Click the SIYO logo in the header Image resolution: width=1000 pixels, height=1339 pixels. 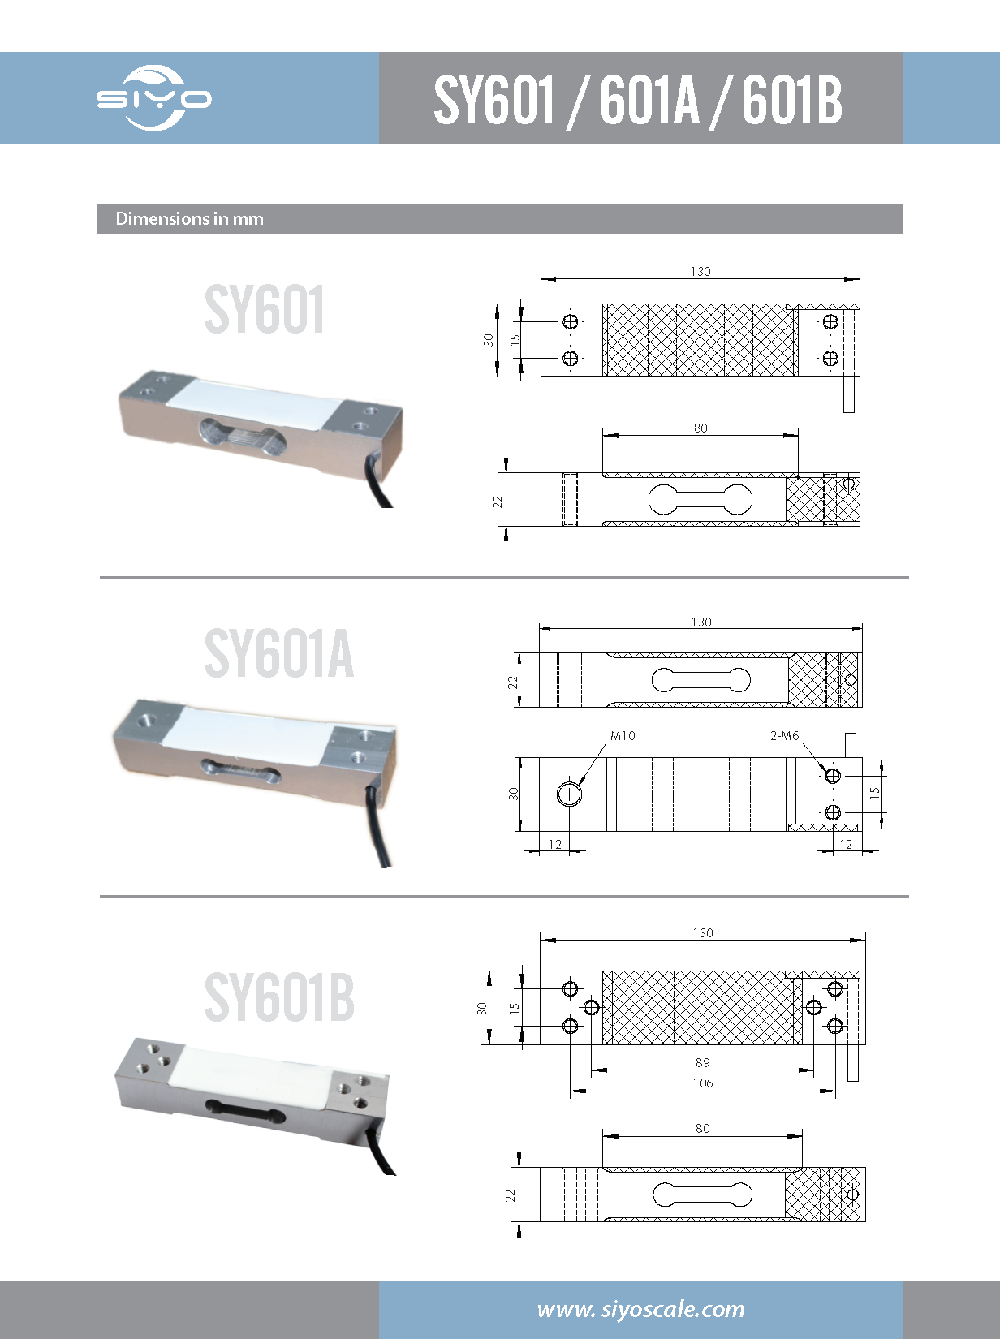154,98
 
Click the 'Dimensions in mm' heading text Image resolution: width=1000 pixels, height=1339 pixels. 189,219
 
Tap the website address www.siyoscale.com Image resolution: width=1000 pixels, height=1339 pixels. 640,1309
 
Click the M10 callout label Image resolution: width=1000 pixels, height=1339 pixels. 623,736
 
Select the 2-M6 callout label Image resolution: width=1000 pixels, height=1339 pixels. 784,736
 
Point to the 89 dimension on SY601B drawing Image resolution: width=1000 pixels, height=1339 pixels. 703,1062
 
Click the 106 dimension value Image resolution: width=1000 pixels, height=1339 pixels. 703,1083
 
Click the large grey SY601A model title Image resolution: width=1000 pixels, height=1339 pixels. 278,654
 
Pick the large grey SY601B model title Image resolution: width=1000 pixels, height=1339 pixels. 278,997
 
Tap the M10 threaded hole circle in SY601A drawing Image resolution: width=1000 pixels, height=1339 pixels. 570,794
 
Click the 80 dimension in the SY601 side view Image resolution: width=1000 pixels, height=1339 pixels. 700,428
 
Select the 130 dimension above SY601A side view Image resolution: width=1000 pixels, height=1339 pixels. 701,622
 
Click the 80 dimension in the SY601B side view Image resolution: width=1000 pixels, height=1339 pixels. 703,1128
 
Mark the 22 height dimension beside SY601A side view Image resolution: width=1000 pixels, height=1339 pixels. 512,682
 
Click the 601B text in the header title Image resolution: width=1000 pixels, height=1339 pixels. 791,100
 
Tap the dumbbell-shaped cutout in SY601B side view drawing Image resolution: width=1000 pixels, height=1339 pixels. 702,1195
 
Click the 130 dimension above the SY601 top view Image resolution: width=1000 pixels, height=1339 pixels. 700,271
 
